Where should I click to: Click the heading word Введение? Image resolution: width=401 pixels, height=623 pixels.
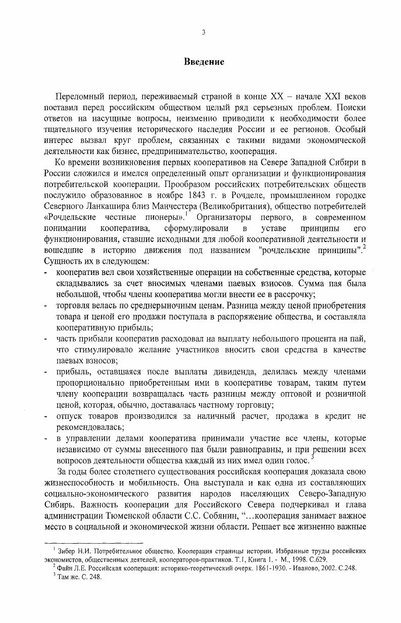(204, 63)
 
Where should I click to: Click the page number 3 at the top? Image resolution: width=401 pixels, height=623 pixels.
(204, 33)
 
